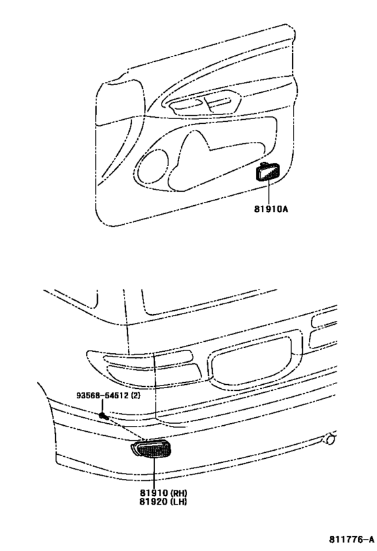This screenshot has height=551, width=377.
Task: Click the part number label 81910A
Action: pyautogui.click(x=271, y=209)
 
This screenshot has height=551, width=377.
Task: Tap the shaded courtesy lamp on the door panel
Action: pyautogui.click(x=269, y=173)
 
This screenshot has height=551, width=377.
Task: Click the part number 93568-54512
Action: pyautogui.click(x=102, y=396)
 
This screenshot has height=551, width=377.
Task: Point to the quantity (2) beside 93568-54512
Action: pyautogui.click(x=135, y=396)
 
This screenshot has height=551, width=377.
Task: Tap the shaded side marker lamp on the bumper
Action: pyautogui.click(x=151, y=449)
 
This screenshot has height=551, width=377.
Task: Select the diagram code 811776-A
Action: pyautogui.click(x=351, y=539)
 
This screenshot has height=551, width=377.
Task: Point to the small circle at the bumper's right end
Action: pyautogui.click(x=329, y=439)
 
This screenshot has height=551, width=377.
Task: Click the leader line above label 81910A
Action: pyautogui.click(x=269, y=192)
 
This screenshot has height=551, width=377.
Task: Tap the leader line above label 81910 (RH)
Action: pyautogui.click(x=154, y=474)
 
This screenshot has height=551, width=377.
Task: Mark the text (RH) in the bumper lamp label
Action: pyautogui.click(x=179, y=493)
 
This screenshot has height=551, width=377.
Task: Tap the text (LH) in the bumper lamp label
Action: pyautogui.click(x=179, y=501)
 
